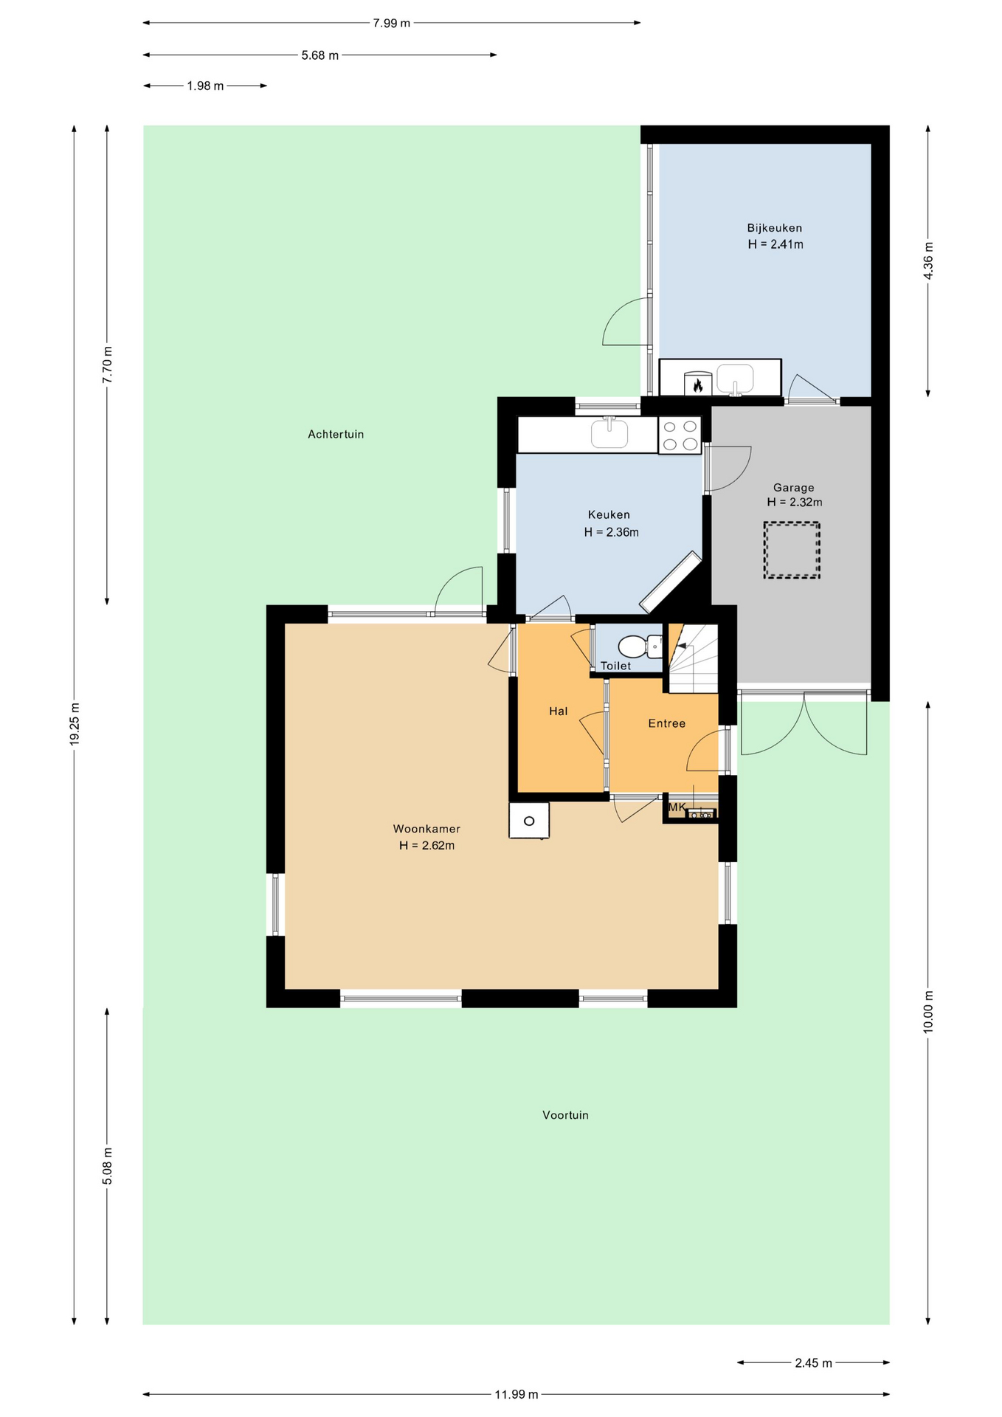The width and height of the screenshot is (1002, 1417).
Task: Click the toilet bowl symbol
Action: coord(639,647)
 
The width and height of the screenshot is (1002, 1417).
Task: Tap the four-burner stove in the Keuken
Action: coord(680,435)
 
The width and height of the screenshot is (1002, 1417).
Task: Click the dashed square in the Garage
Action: coord(792,550)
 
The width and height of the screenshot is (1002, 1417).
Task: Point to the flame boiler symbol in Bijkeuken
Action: coord(697,383)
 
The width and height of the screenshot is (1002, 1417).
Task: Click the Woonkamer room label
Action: coord(426,829)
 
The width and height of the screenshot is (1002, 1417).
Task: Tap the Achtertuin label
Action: coord(336,434)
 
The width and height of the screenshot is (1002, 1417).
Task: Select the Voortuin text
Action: coord(565,1115)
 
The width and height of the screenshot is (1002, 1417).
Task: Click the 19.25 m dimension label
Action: coord(75,724)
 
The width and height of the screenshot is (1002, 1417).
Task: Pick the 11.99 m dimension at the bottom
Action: coord(516,1394)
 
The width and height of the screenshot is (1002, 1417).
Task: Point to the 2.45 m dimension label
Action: coord(813,1363)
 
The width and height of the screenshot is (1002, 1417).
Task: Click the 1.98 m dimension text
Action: coord(205,86)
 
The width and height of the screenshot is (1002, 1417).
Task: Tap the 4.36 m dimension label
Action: coord(928,261)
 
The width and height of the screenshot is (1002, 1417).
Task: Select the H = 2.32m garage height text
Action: coord(795,502)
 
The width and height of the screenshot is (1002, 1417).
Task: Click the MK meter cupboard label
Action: coord(677,807)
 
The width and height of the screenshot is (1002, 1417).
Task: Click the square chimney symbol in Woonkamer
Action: coord(529,821)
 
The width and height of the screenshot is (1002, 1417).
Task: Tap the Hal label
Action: coord(559,711)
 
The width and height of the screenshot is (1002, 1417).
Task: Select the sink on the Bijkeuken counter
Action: coord(735,379)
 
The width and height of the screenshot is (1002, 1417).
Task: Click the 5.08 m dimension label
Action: coord(108,1166)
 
